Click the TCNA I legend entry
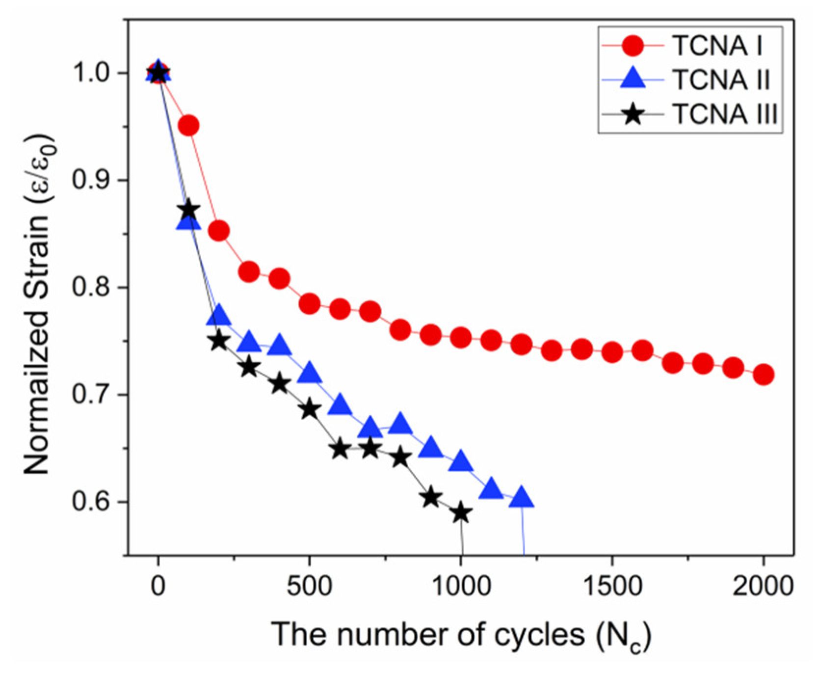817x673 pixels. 717,46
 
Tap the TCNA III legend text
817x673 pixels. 725,114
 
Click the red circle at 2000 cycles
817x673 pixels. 764,375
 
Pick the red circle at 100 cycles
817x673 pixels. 188,126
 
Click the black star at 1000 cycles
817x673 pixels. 461,513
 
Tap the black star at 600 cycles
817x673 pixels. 340,449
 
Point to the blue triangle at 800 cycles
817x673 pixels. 400,424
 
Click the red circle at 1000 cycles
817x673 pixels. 461,338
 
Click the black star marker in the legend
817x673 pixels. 633,114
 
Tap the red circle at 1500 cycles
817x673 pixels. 612,352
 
